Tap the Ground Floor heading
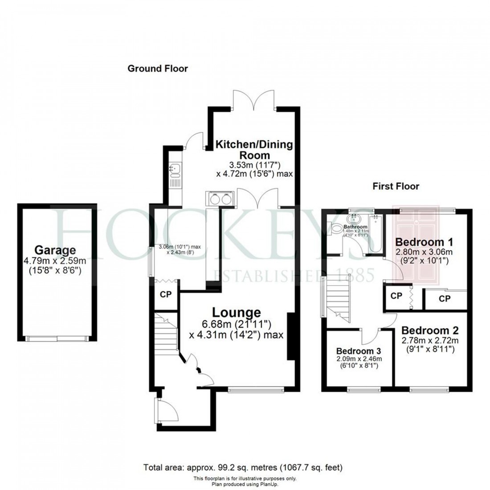158,68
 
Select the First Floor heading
396,186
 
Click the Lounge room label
236,313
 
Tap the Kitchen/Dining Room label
254,150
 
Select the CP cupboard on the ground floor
166,294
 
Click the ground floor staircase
165,330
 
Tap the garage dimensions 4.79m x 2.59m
56,261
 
